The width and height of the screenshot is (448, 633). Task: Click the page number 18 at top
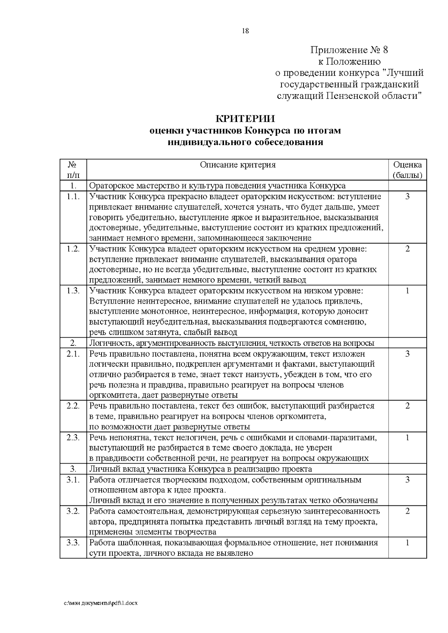(x=245, y=31)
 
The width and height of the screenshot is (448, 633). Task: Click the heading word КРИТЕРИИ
(x=245, y=119)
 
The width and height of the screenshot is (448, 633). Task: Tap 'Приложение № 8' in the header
(x=350, y=50)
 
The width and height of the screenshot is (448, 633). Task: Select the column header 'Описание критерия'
(x=238, y=165)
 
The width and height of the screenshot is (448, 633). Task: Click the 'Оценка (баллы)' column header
(x=407, y=170)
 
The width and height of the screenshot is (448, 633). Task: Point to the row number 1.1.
(x=73, y=197)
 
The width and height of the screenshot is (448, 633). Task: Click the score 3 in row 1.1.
(x=407, y=197)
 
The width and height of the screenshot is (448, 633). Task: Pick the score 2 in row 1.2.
(x=407, y=249)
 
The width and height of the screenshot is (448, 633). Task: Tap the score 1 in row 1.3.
(x=407, y=291)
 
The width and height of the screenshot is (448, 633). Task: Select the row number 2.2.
(x=73, y=406)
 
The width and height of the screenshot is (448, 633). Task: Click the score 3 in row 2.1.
(x=407, y=354)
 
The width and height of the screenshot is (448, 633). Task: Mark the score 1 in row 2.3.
(x=407, y=437)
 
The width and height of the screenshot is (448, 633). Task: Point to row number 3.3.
(x=73, y=543)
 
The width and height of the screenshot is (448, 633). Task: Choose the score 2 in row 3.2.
(x=407, y=511)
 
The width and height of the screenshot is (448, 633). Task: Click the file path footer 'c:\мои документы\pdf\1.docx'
(x=101, y=603)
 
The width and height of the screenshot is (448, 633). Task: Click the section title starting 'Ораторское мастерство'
(x=218, y=186)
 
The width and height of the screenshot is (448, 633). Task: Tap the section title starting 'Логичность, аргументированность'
(x=232, y=343)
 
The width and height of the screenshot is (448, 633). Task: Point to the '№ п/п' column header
(x=73, y=170)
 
